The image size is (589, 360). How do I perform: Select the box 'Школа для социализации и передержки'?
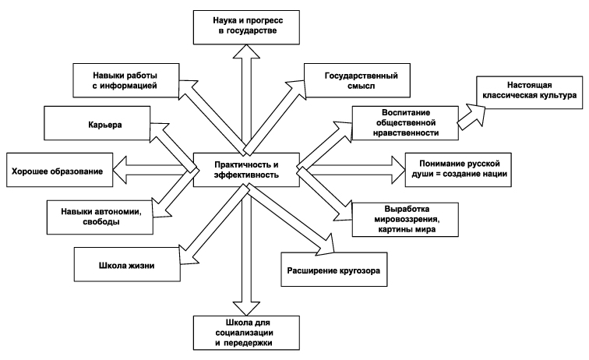[245, 330]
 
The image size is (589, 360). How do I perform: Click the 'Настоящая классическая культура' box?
[526, 93]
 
